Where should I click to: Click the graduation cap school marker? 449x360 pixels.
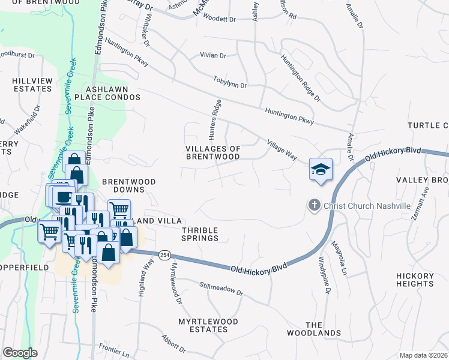pos(321,170)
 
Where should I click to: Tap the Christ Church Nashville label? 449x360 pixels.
pos(367,206)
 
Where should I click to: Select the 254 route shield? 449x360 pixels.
pos(164,255)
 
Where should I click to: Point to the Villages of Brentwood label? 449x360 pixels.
pos(212,152)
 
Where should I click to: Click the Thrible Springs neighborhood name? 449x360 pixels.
pos(200,234)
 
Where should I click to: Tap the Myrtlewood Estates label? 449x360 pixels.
pos(208,325)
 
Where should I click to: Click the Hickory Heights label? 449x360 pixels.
pos(414,280)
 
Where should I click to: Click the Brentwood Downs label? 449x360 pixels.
pos(128,185)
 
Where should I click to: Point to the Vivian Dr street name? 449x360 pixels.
pos(212,56)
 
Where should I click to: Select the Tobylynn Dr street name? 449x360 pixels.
pos(230,82)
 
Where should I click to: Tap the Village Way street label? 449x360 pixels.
pos(282,149)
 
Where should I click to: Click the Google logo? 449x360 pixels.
pos(20,353)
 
